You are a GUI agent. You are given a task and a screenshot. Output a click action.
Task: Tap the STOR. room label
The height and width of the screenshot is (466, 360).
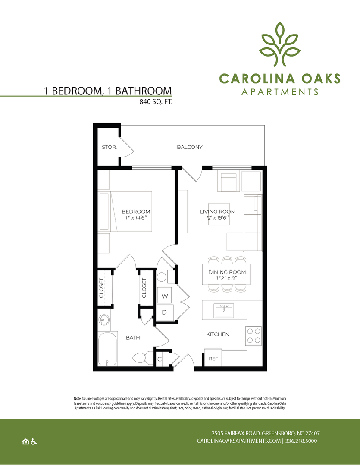tap(109, 147)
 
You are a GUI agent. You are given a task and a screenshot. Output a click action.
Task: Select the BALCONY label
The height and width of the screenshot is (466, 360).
tap(189, 147)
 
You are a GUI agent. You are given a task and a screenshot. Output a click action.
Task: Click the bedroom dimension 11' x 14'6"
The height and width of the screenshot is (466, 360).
tap(135, 218)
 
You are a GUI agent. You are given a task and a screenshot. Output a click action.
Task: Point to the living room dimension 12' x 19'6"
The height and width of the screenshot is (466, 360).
tap(217, 218)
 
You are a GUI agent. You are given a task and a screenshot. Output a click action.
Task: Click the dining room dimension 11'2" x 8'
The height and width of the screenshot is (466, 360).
tap(227, 279)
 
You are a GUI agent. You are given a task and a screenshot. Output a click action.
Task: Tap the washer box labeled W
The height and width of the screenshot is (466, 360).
tap(165, 296)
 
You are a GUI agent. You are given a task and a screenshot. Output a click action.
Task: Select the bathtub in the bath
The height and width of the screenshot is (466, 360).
tap(107, 349)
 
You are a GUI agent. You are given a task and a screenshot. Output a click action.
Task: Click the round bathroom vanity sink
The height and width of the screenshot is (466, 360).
tap(103, 320)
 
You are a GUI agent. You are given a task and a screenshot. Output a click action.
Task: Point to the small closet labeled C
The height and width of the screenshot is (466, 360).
tap(159, 359)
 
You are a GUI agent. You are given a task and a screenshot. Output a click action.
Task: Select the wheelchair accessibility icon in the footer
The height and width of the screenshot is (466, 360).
tap(34, 441)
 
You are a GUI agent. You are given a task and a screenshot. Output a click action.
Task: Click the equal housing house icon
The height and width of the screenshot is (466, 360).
tap(25, 441)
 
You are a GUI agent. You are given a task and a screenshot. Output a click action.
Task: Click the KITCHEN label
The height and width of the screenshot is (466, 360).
tap(217, 334)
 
